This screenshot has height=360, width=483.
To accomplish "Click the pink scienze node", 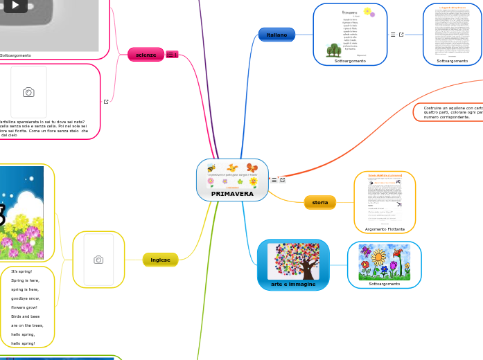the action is point(146,55).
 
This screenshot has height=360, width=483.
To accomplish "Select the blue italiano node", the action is point(276,35).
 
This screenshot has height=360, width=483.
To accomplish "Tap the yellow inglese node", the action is point(160,260).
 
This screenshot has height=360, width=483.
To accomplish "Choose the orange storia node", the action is point(319,202).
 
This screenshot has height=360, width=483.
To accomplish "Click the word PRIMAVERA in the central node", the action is point(232,194).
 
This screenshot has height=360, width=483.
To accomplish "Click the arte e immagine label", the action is point(293,284).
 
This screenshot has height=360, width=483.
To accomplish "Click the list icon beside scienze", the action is point(172,55).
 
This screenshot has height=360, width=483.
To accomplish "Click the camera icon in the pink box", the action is point(28,92).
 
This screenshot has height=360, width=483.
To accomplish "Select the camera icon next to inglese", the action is point(98,260).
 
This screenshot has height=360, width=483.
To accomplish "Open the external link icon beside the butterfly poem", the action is point(106,101).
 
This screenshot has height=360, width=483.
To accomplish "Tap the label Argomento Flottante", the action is point(385,229).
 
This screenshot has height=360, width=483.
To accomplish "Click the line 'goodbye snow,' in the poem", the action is point(26,298).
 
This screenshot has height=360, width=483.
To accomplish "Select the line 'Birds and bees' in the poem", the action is point(26,316).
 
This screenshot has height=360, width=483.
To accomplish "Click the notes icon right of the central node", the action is point(274,180).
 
